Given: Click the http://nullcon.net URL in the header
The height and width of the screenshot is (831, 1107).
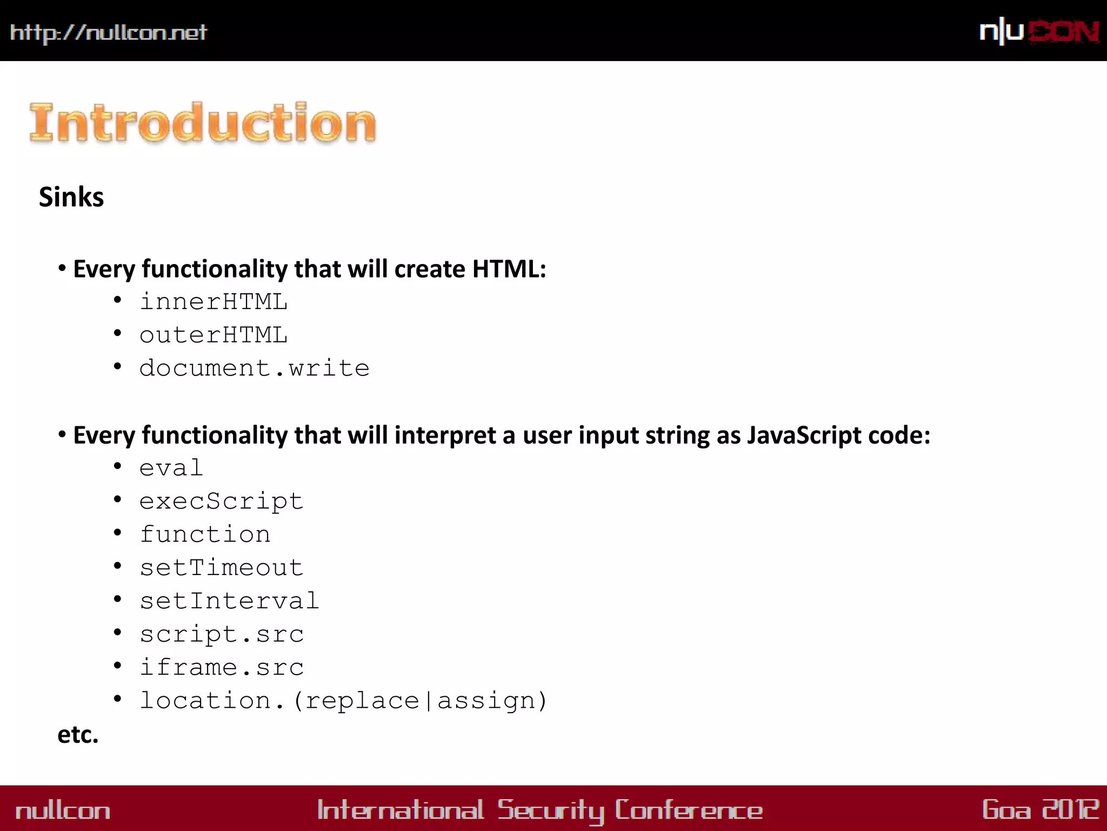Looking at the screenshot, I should point(108,32).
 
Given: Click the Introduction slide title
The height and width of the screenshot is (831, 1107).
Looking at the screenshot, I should point(203,123).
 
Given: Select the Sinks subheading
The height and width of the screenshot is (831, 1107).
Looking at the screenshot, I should point(71,197).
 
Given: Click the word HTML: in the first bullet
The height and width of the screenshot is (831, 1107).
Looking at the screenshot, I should point(509,269).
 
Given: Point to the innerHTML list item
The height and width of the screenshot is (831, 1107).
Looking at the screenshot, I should point(214,302).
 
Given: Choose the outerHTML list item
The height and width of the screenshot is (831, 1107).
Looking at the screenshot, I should point(214,335).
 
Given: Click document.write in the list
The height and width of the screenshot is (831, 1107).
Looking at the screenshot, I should point(254,368).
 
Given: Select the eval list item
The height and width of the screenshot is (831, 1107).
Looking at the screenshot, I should point(171,468).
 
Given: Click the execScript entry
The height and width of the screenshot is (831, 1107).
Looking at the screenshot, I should point(221,502).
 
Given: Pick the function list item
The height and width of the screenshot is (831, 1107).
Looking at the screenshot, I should point(205,535).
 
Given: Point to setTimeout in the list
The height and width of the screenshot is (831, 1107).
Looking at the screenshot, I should point(221,568).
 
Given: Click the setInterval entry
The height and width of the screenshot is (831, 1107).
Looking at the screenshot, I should point(229,601).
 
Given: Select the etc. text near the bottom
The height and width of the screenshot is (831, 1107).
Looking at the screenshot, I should point(78,735).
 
